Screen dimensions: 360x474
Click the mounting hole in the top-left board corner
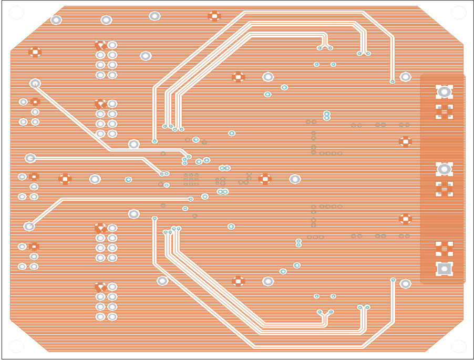pos(16,13)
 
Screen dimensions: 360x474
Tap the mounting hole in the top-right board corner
pos(459,13)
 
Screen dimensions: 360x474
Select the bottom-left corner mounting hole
pos(16,346)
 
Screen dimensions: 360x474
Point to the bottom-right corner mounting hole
pos(459,346)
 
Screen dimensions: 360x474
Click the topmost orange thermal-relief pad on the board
pos(214,16)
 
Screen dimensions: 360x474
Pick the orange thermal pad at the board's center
pos(265,179)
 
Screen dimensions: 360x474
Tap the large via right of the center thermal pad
pos(295,179)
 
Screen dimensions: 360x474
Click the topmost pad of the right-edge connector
pos(444,92)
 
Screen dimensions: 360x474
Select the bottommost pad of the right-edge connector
pos(444,269)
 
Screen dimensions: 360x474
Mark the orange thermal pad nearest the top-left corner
pos(35,52)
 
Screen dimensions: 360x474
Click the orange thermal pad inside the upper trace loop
pos(238,77)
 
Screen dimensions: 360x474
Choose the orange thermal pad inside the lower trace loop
pos(238,281)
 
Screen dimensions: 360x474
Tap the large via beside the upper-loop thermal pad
pos(268,77)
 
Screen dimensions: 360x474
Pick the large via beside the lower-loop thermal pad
pos(268,281)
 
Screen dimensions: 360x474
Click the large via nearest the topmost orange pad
pos(154,16)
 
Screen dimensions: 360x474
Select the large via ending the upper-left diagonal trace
pos(35,83)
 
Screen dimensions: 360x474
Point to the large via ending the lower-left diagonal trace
pos(29,227)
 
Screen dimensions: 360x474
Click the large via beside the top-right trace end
pos(405,77)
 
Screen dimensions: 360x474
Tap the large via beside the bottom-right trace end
pos(405,284)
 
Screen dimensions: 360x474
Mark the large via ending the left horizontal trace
pos(30,158)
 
